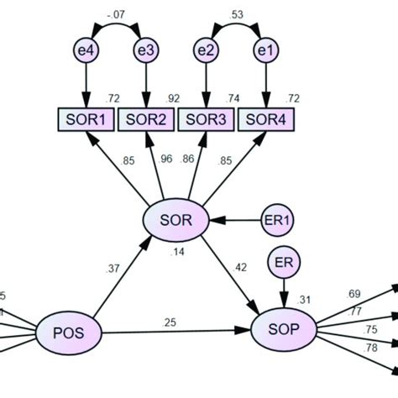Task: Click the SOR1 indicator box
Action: (x=86, y=119)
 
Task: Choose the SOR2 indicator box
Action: (x=147, y=119)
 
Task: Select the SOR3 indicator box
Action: (x=207, y=119)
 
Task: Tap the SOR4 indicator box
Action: (x=267, y=119)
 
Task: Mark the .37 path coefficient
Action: (x=113, y=269)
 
